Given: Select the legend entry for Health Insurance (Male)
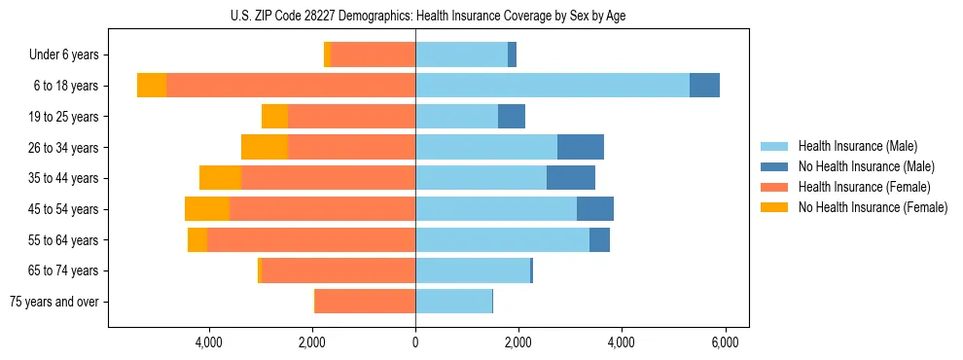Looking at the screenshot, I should click(x=857, y=146).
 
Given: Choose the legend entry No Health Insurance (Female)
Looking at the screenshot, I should click(x=873, y=207).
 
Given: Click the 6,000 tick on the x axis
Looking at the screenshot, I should click(x=725, y=342).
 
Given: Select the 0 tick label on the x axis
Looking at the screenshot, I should click(x=415, y=342).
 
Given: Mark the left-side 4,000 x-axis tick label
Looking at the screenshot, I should click(x=209, y=342).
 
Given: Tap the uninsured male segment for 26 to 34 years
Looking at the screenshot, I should click(x=581, y=147).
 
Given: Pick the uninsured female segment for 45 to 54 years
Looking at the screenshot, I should click(x=207, y=209).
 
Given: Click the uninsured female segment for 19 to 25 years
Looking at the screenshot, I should click(x=274, y=117).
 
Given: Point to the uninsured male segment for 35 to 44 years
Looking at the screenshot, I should click(x=571, y=178).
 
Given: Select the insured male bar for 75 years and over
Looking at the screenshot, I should click(x=453, y=302).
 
